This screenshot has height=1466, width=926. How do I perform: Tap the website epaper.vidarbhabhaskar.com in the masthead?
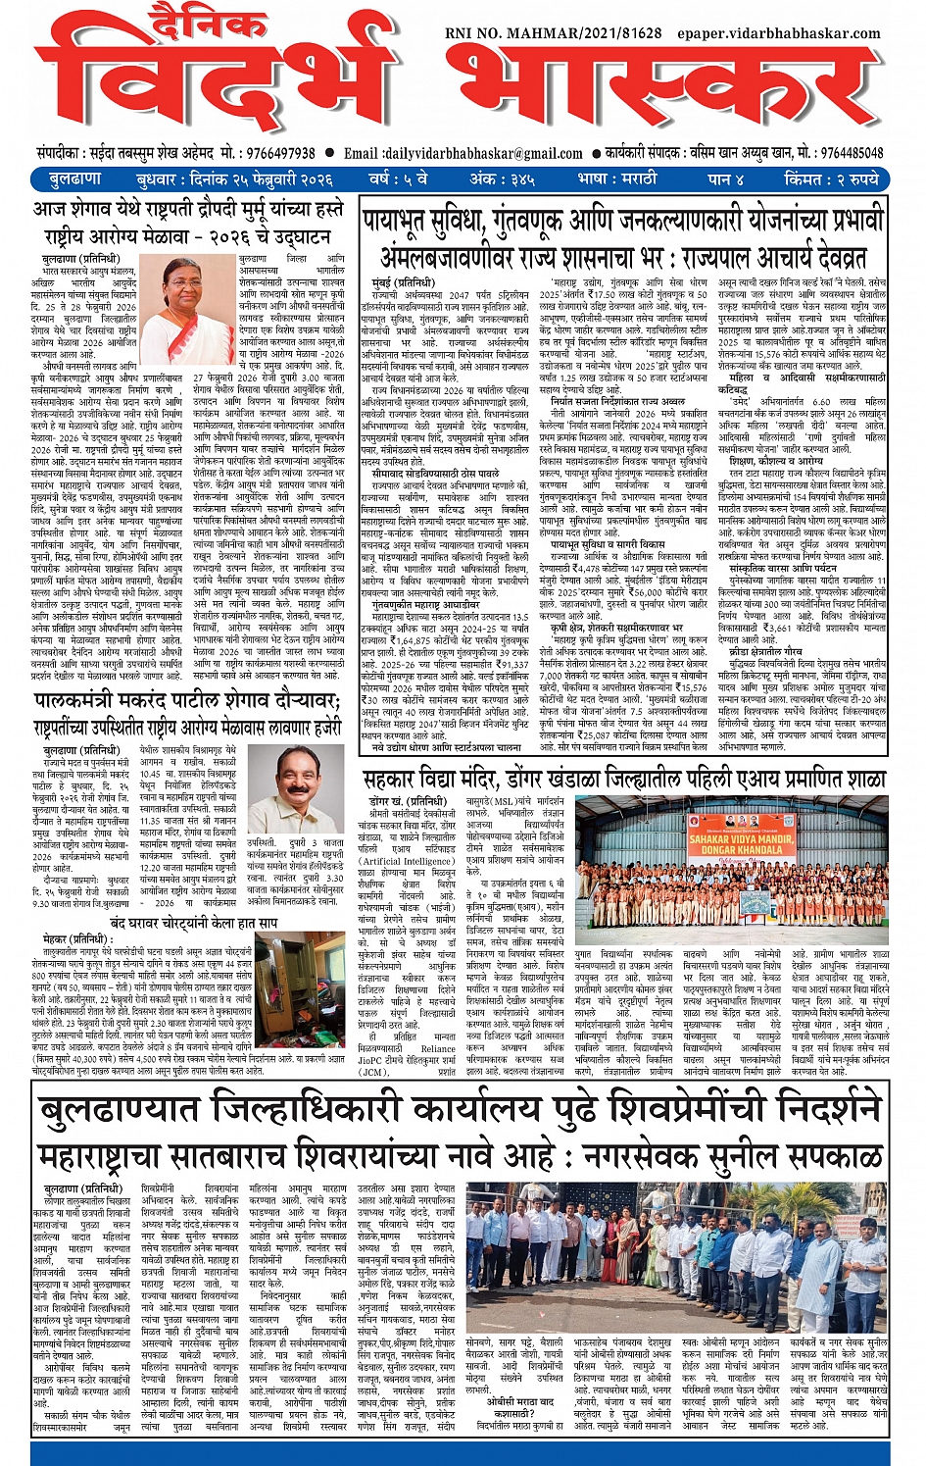point(779,33)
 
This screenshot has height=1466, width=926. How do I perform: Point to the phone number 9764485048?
point(853,153)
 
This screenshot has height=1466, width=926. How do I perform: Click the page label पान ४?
point(727,179)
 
